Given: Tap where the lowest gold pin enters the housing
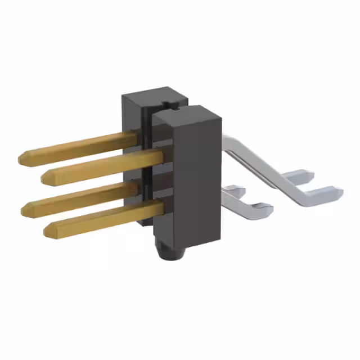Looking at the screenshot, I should click(160, 208).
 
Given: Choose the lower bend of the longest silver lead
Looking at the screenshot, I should click(301, 197).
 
